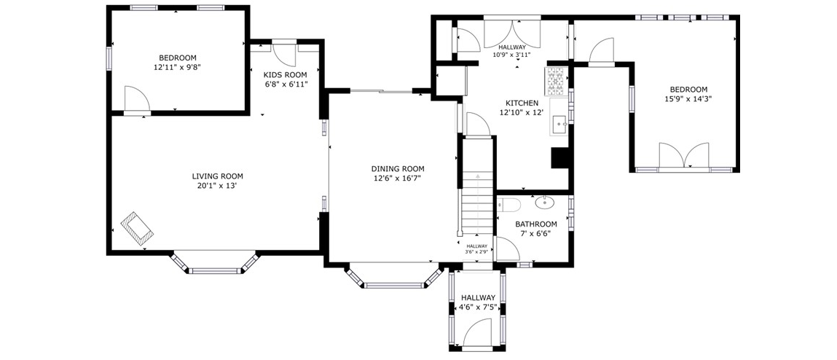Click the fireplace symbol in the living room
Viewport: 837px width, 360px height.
click(137, 229)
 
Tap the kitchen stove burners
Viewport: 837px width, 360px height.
click(554, 81)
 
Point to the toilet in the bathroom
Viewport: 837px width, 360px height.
click(508, 205)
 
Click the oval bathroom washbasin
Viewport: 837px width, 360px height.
click(544, 202)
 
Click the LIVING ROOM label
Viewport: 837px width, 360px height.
click(217, 176)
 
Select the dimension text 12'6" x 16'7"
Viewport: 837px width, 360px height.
click(398, 178)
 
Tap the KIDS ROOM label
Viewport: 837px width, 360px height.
click(286, 75)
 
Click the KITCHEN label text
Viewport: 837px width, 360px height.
click(522, 103)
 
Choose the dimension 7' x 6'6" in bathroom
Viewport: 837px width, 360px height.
click(536, 233)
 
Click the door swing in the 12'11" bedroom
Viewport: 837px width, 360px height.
click(137, 99)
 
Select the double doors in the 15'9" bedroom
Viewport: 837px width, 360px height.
click(684, 155)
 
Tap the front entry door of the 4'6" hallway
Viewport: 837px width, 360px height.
click(477, 333)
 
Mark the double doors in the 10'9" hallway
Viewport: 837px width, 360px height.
click(512, 33)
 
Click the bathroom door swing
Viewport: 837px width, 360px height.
click(508, 249)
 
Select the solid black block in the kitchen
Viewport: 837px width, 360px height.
click(560, 158)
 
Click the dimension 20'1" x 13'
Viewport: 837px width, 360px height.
click(217, 186)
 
